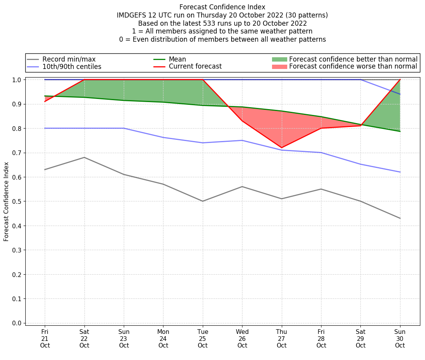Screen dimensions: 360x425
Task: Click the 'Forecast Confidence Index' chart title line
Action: click(x=222, y=7)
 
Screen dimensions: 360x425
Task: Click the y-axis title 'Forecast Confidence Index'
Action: click(x=7, y=201)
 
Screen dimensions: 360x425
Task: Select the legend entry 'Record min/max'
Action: click(x=68, y=59)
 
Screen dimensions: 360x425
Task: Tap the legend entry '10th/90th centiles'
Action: click(x=72, y=67)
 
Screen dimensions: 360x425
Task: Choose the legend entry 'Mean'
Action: click(x=177, y=59)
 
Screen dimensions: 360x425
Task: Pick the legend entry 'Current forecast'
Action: click(x=195, y=67)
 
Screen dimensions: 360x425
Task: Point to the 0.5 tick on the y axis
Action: click(x=16, y=201)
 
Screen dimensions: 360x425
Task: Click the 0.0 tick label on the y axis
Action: click(x=16, y=323)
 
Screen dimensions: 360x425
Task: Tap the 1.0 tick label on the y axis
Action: click(x=16, y=80)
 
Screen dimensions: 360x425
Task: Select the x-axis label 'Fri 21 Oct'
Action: click(x=45, y=339)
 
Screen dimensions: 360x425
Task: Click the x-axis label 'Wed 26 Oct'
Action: click(x=242, y=339)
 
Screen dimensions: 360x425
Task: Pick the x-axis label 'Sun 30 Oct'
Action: click(x=400, y=339)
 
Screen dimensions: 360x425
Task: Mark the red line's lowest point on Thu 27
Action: click(x=281, y=148)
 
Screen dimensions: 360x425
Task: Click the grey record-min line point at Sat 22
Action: click(x=84, y=157)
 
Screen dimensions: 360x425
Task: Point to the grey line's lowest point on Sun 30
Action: click(x=400, y=218)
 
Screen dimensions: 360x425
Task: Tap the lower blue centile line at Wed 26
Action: click(x=242, y=140)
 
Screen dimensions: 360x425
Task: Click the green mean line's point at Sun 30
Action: click(x=400, y=131)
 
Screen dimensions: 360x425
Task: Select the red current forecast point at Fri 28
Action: click(x=321, y=128)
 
